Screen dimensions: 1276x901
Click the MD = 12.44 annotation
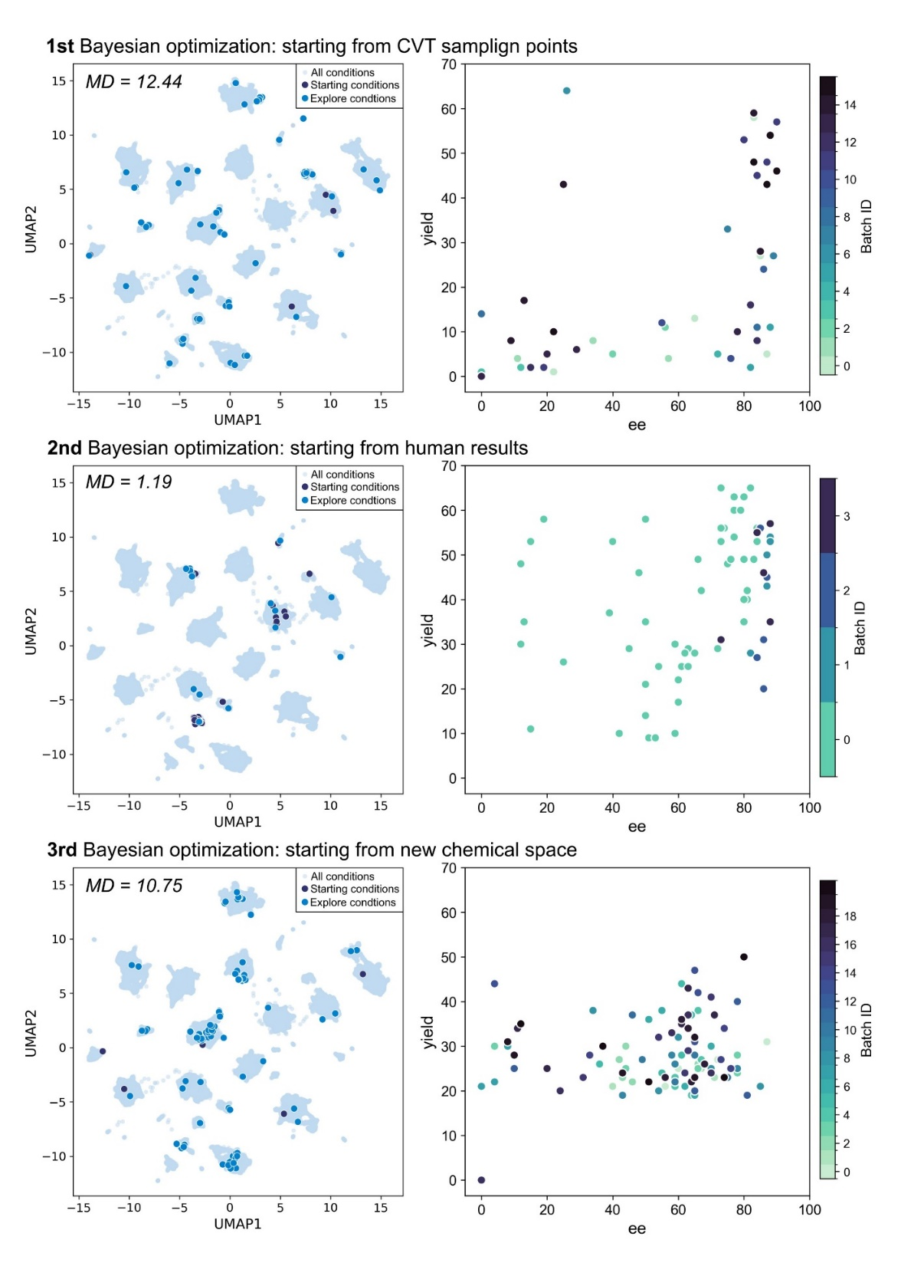coord(134,82)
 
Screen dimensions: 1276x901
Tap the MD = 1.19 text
coord(129,482)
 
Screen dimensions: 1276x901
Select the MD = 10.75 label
coord(134,886)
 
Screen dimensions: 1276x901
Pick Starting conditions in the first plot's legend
coord(354,85)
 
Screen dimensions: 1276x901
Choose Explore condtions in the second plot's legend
coord(352,501)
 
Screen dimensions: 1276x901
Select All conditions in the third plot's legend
coord(342,876)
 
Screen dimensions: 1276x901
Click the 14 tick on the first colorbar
coord(850,106)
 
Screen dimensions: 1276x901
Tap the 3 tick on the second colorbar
coord(847,517)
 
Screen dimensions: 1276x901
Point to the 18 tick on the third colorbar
coord(850,917)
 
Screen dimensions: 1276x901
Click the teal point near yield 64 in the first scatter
coord(566,90)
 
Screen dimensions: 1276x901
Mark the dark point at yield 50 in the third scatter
coord(744,957)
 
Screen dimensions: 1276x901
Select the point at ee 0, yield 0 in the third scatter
coord(481,1180)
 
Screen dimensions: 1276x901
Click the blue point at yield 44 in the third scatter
coord(494,984)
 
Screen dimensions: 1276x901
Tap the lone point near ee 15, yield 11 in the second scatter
coord(530,729)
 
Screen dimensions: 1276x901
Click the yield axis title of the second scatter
coord(428,630)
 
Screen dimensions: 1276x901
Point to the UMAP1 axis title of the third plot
coord(238,1224)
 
